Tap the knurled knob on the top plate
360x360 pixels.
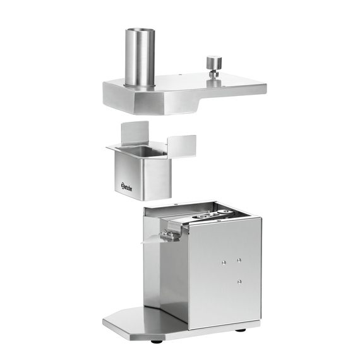[214, 63]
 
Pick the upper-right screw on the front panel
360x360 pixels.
[239, 259]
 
